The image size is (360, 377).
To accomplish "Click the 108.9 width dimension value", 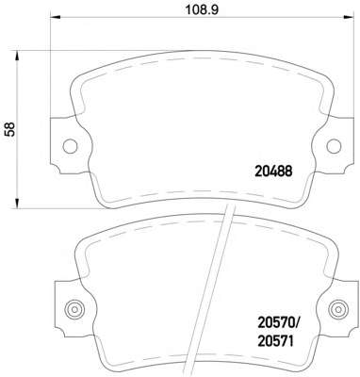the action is (201, 9).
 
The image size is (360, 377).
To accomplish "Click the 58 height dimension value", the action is (10, 129).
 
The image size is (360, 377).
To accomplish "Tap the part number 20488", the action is (273, 172).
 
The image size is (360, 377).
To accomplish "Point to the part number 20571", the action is (275, 341).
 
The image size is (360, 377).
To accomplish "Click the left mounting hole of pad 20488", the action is (70, 146).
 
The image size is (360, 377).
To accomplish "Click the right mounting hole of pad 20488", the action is (334, 146).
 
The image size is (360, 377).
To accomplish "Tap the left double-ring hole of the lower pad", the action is (74, 309).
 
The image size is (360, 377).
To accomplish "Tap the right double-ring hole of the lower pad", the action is (338, 309).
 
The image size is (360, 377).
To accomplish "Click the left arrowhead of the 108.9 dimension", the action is (55, 17).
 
